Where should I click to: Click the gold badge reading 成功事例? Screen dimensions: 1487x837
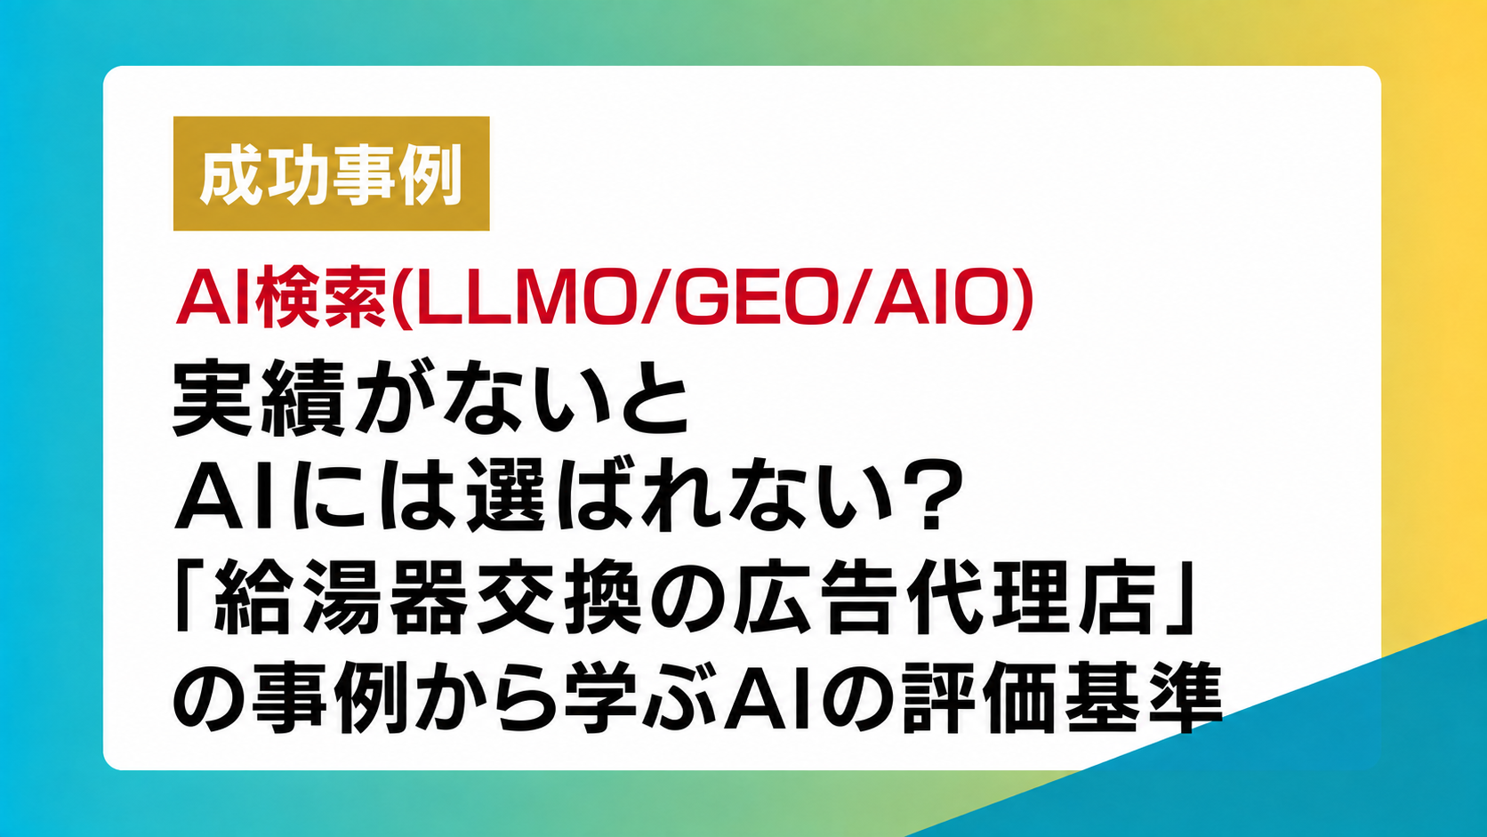point(331,173)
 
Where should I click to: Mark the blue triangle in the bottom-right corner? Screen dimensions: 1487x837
point(1295,763)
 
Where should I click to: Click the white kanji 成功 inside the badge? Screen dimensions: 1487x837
point(266,174)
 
